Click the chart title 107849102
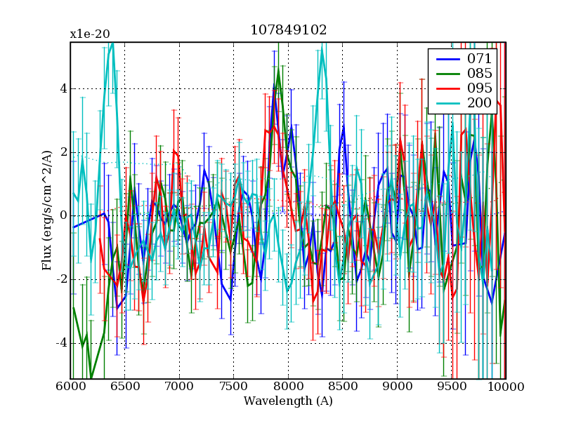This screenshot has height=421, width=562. pos(288,30)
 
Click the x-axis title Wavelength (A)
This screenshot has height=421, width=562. pos(288,401)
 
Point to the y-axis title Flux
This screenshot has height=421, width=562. pos(47,210)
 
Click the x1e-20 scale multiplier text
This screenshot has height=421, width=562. pos(89,34)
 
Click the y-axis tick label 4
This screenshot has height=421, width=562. pos(63,88)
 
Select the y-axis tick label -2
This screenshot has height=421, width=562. pos(60,279)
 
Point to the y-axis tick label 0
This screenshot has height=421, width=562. pos(63,215)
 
